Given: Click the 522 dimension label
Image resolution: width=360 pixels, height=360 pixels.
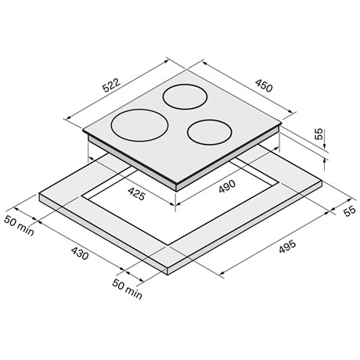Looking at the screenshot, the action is tap(112, 85).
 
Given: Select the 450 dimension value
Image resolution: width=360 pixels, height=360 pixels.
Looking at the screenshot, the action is tap(264, 85).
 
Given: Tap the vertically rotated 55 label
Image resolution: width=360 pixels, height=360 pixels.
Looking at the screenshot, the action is tap(319, 134).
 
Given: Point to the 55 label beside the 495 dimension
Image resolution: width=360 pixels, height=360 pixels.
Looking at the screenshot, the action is tap(350, 211).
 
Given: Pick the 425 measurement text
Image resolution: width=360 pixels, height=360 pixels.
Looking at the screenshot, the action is tap(136, 194).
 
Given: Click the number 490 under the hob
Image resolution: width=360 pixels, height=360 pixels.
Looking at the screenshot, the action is tap(227, 186).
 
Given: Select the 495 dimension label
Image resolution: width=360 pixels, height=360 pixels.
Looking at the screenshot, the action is tap(287, 247).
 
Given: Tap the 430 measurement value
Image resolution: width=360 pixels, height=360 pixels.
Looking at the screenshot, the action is tap(80, 254).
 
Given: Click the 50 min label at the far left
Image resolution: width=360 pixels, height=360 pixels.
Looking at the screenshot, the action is tap(19, 225).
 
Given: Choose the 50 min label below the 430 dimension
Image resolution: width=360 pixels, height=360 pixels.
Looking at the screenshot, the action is tap(128, 289).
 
